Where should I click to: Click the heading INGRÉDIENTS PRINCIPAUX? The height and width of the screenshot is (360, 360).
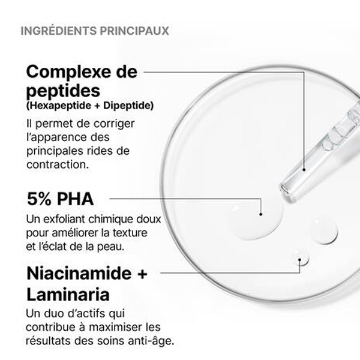click(94, 29)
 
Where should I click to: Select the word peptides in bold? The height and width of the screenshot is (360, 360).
click(62, 92)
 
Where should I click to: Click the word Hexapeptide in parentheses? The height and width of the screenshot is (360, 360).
click(59, 106)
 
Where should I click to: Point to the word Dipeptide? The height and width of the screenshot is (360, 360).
click(127, 106)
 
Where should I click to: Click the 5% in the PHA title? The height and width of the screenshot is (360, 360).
click(41, 199)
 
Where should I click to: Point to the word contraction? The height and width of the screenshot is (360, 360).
click(58, 163)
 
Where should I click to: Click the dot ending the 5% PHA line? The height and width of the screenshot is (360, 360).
click(261, 213)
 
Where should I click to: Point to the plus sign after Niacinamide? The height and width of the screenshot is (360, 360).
click(142, 275)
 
